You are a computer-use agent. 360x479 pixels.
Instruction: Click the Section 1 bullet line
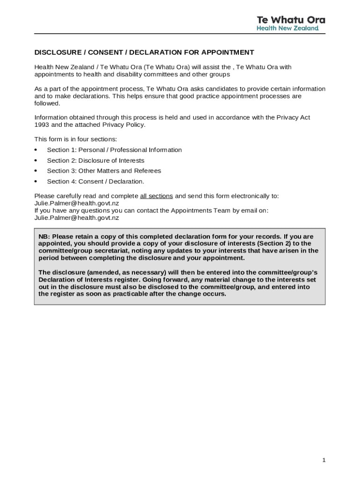tap(114, 150)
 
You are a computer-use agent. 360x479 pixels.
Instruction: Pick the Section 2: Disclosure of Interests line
tap(95, 160)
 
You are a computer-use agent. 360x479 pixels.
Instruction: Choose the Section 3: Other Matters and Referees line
tap(104, 171)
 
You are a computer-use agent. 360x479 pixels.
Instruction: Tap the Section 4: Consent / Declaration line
tap(95, 181)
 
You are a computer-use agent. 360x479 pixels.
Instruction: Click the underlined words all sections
tap(156, 196)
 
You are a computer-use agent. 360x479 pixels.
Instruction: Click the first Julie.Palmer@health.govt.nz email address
tap(77, 203)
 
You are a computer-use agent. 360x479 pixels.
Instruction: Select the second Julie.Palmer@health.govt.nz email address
tap(77, 218)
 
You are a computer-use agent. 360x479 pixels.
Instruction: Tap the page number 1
tap(324, 460)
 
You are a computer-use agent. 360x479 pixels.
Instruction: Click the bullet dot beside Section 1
tap(36, 150)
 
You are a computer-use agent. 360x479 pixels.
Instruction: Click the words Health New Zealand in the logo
tap(288, 28)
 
